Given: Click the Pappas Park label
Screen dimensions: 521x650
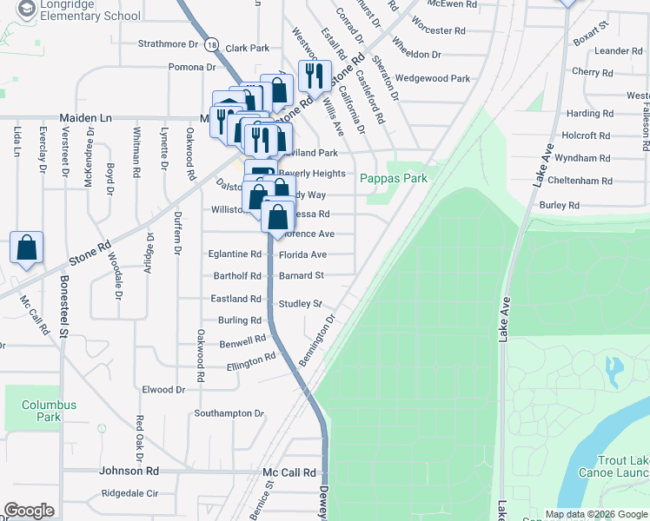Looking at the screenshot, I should tap(395, 177).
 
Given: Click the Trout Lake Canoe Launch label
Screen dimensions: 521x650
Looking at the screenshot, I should tap(620, 466).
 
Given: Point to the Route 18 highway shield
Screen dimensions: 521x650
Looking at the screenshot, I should tap(211, 44).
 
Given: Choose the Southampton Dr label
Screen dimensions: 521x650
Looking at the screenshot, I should tap(228, 413).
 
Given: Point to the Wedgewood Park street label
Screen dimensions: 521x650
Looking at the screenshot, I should tap(432, 78).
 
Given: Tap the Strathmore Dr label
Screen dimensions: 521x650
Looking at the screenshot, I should tap(169, 43).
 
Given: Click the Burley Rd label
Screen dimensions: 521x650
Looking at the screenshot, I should tap(560, 206).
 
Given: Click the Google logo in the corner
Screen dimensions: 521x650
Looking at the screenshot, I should tap(29, 511).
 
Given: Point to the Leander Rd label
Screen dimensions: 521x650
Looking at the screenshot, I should tap(618, 51).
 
